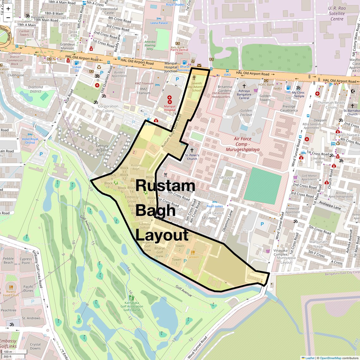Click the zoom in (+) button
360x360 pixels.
tap(8, 9)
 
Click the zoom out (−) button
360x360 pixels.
tap(8, 17)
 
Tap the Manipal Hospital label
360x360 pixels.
tap(170, 108)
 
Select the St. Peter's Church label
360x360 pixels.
tap(192, 157)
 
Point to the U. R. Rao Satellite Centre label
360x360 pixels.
tap(337, 14)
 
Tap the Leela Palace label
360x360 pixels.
tap(159, 23)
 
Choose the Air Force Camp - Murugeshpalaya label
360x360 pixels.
tap(243, 144)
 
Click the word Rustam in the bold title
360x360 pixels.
tap(165, 186)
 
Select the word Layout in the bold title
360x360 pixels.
tap(162, 235)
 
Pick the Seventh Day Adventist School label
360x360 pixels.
tap(196, 87)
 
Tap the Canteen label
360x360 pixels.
tap(193, 257)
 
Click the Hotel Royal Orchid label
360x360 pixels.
tap(30, 141)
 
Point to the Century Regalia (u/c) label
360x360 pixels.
tap(102, 150)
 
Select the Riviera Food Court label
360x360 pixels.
tap(11, 294)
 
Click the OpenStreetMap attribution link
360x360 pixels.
tap(330, 358)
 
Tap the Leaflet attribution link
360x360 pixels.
tap(310, 358)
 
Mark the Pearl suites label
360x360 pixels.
tap(215, 206)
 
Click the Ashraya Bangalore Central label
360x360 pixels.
tap(244, 94)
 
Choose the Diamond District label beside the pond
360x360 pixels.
tap(35, 89)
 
